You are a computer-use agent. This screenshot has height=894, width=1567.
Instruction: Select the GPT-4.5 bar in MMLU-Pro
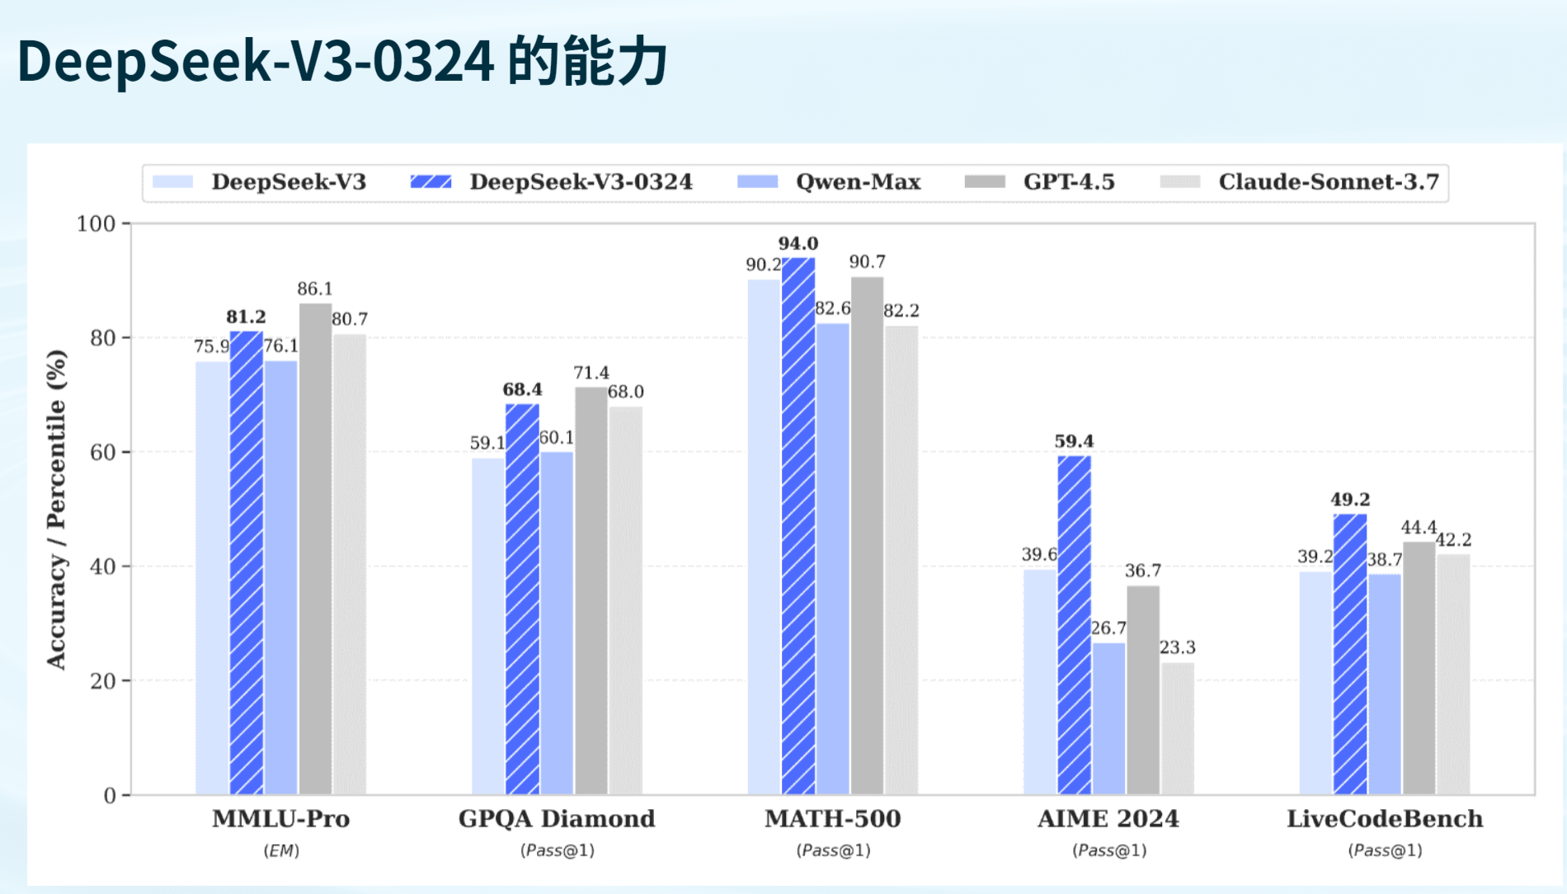pos(315,548)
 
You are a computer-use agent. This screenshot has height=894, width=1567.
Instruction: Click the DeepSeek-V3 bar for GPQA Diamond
pos(487,626)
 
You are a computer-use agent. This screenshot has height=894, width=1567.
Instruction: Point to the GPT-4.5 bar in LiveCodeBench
pos(1419,668)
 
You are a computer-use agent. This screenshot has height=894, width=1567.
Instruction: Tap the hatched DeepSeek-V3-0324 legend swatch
pos(431,182)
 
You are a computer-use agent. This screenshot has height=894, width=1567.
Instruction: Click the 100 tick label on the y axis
pos(96,223)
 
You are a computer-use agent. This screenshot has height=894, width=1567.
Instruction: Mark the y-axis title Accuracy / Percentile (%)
pos(56,509)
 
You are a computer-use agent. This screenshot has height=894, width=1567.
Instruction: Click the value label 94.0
pos(798,243)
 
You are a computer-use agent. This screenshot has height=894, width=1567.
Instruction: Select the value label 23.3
pos(1177,647)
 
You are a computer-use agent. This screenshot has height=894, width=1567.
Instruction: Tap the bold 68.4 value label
pos(522,389)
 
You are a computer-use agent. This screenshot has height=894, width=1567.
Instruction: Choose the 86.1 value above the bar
pos(315,289)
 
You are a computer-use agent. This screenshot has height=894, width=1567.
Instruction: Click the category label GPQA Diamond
pos(557,819)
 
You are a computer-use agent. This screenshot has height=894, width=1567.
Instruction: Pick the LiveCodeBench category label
pos(1385,819)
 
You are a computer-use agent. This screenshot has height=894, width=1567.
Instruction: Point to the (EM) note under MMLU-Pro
pos(281,850)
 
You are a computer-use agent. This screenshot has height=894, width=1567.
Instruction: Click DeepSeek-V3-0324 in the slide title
pos(256,61)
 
